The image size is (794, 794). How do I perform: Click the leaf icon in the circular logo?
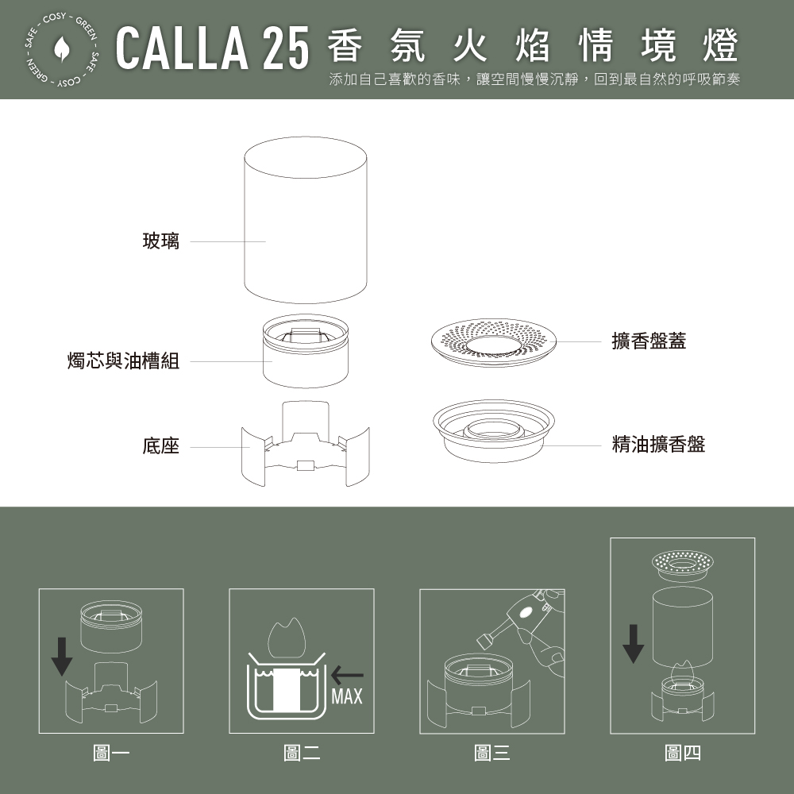[62, 48]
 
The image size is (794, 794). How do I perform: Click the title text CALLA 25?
[212, 48]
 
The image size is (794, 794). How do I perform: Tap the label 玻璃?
[161, 241]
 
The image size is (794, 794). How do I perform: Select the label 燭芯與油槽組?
[124, 361]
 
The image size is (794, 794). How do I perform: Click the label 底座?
[161, 446]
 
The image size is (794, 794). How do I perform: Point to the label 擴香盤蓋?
[649, 341]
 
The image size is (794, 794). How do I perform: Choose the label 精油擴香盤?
[658, 444]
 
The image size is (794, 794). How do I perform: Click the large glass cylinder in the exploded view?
[306, 220]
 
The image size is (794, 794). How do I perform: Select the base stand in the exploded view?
[306, 444]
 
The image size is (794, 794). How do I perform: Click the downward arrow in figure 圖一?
[62, 657]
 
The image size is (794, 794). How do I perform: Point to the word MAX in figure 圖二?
[347, 697]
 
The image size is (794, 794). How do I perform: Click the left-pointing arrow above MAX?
[347, 675]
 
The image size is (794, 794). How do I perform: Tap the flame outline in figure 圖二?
[287, 638]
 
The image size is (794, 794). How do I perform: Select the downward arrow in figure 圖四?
[633, 644]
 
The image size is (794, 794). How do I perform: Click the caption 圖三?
[492, 753]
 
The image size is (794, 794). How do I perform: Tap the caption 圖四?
[683, 753]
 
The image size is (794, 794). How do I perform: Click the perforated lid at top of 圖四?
[683, 565]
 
